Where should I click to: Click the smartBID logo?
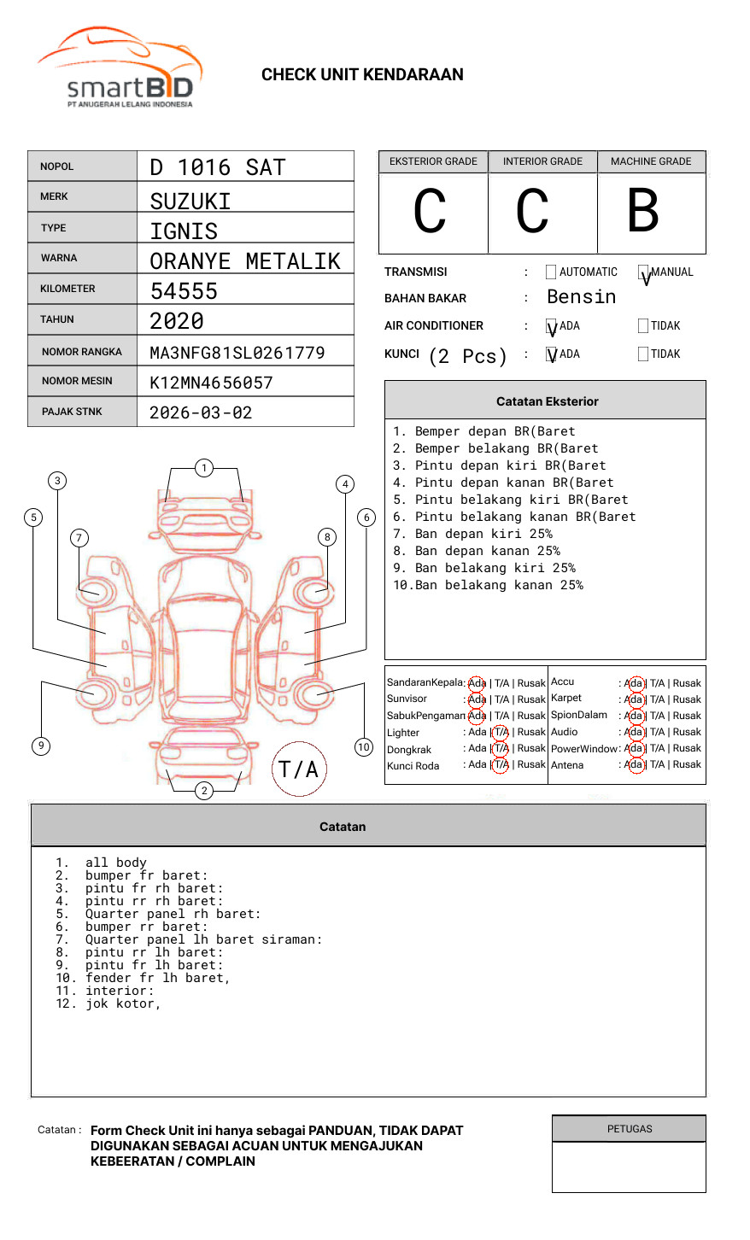[120, 68]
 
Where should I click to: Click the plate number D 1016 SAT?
[217, 167]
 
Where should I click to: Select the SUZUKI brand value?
[190, 202]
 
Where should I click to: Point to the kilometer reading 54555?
[184, 291]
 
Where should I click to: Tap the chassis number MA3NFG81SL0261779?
[237, 353]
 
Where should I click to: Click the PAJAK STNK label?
[71, 412]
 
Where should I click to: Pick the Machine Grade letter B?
[642, 211]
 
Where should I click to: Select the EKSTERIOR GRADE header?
[433, 161]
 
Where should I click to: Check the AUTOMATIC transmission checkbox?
[551, 272]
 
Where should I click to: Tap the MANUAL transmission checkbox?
[643, 272]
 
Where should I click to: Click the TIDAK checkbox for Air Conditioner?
[643, 326]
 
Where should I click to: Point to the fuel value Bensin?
[581, 297]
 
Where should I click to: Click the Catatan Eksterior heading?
[547, 401]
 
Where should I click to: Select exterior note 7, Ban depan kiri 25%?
[472, 534]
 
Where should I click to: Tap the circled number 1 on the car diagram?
[203, 468]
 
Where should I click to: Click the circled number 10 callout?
[364, 747]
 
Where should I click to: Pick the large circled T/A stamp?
[299, 769]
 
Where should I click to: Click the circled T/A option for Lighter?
[501, 732]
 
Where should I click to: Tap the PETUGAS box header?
[630, 1129]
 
